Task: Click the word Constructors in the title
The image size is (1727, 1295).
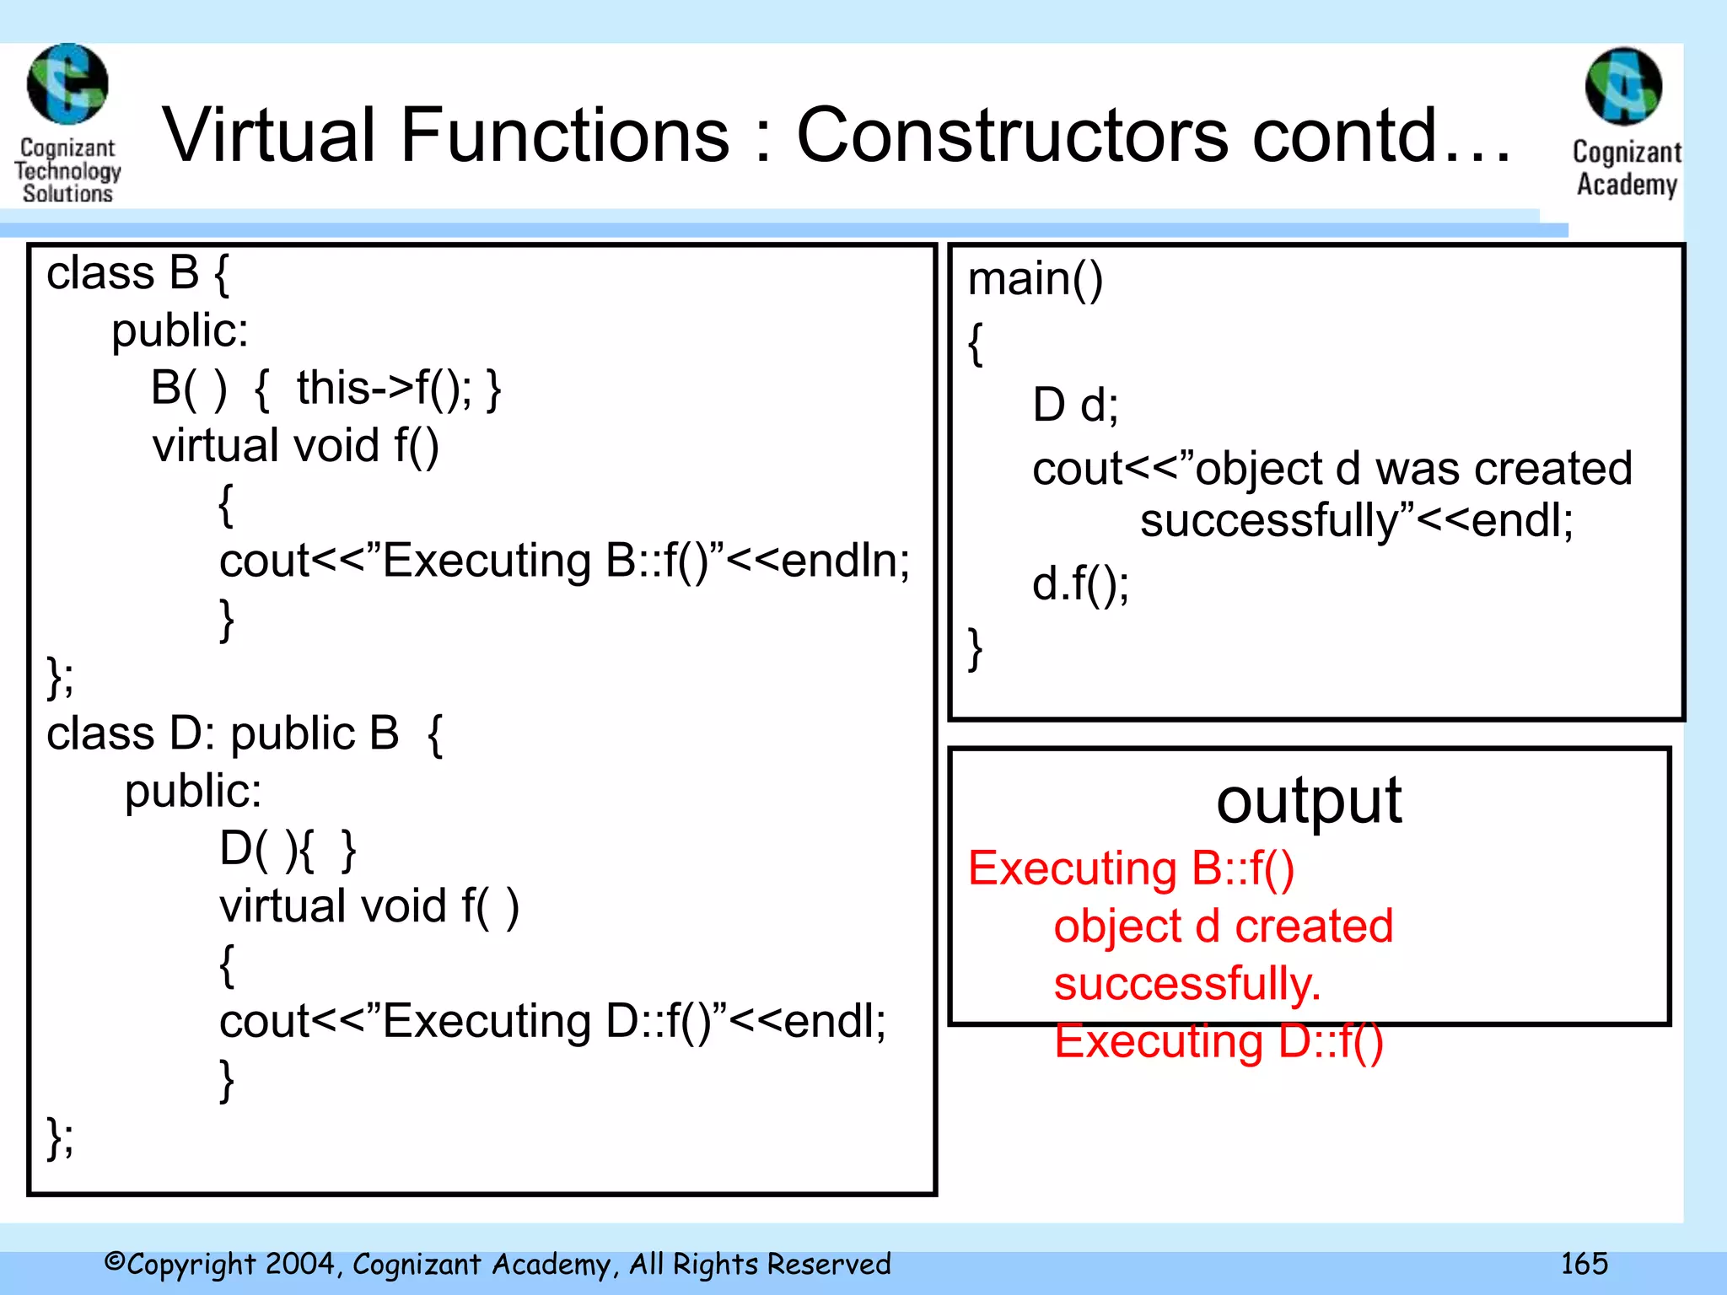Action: [x=1012, y=135]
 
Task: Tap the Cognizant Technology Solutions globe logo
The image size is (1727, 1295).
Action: [x=67, y=84]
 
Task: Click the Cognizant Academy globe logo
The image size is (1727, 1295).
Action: [x=1624, y=86]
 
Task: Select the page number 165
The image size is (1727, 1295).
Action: [x=1584, y=1263]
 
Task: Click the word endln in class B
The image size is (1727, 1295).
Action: [x=843, y=561]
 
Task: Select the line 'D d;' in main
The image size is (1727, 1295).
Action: [x=1075, y=405]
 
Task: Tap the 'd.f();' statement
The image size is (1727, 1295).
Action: [x=1080, y=584]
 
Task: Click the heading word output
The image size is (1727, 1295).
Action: [x=1309, y=801]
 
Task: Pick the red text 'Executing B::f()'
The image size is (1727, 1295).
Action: [x=1131, y=868]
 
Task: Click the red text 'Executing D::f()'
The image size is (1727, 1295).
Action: [x=1219, y=1041]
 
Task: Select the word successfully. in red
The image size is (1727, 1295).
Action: [x=1186, y=984]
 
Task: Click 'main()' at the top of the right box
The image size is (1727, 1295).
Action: [x=1035, y=279]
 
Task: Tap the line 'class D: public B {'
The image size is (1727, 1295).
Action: [x=245, y=733]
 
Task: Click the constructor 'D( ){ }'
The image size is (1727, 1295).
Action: [x=288, y=849]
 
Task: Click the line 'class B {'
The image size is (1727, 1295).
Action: [x=137, y=274]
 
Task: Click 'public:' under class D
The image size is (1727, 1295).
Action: [x=193, y=792]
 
